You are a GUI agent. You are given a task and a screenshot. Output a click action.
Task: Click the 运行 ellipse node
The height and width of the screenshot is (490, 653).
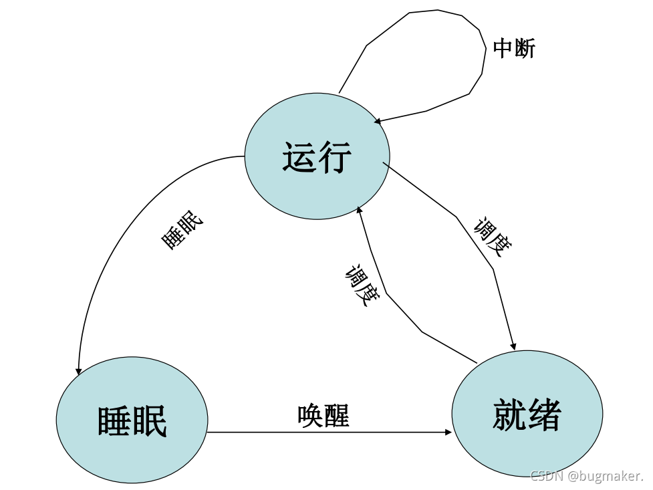(x=317, y=157)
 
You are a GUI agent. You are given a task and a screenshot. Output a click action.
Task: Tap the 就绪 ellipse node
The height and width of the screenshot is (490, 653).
(x=527, y=415)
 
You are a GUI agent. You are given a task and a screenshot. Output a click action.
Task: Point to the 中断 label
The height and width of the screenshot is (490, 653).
(x=514, y=48)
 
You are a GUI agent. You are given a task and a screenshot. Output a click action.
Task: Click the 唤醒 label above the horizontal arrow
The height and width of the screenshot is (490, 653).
(x=323, y=416)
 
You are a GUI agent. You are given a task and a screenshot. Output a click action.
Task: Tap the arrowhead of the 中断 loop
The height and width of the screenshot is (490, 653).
(x=378, y=121)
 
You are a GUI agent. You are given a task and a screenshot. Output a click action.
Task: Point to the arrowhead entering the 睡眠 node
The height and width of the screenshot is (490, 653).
(x=79, y=371)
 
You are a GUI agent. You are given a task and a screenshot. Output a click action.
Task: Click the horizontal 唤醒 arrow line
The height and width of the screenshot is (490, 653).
(x=328, y=433)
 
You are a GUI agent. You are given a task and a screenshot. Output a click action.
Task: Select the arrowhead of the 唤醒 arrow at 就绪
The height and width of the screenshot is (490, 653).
(x=448, y=433)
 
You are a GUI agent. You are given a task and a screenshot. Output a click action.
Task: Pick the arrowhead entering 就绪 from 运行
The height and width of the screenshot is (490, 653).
(x=513, y=346)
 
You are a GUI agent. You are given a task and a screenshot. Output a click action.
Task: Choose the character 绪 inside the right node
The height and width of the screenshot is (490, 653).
(x=544, y=415)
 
